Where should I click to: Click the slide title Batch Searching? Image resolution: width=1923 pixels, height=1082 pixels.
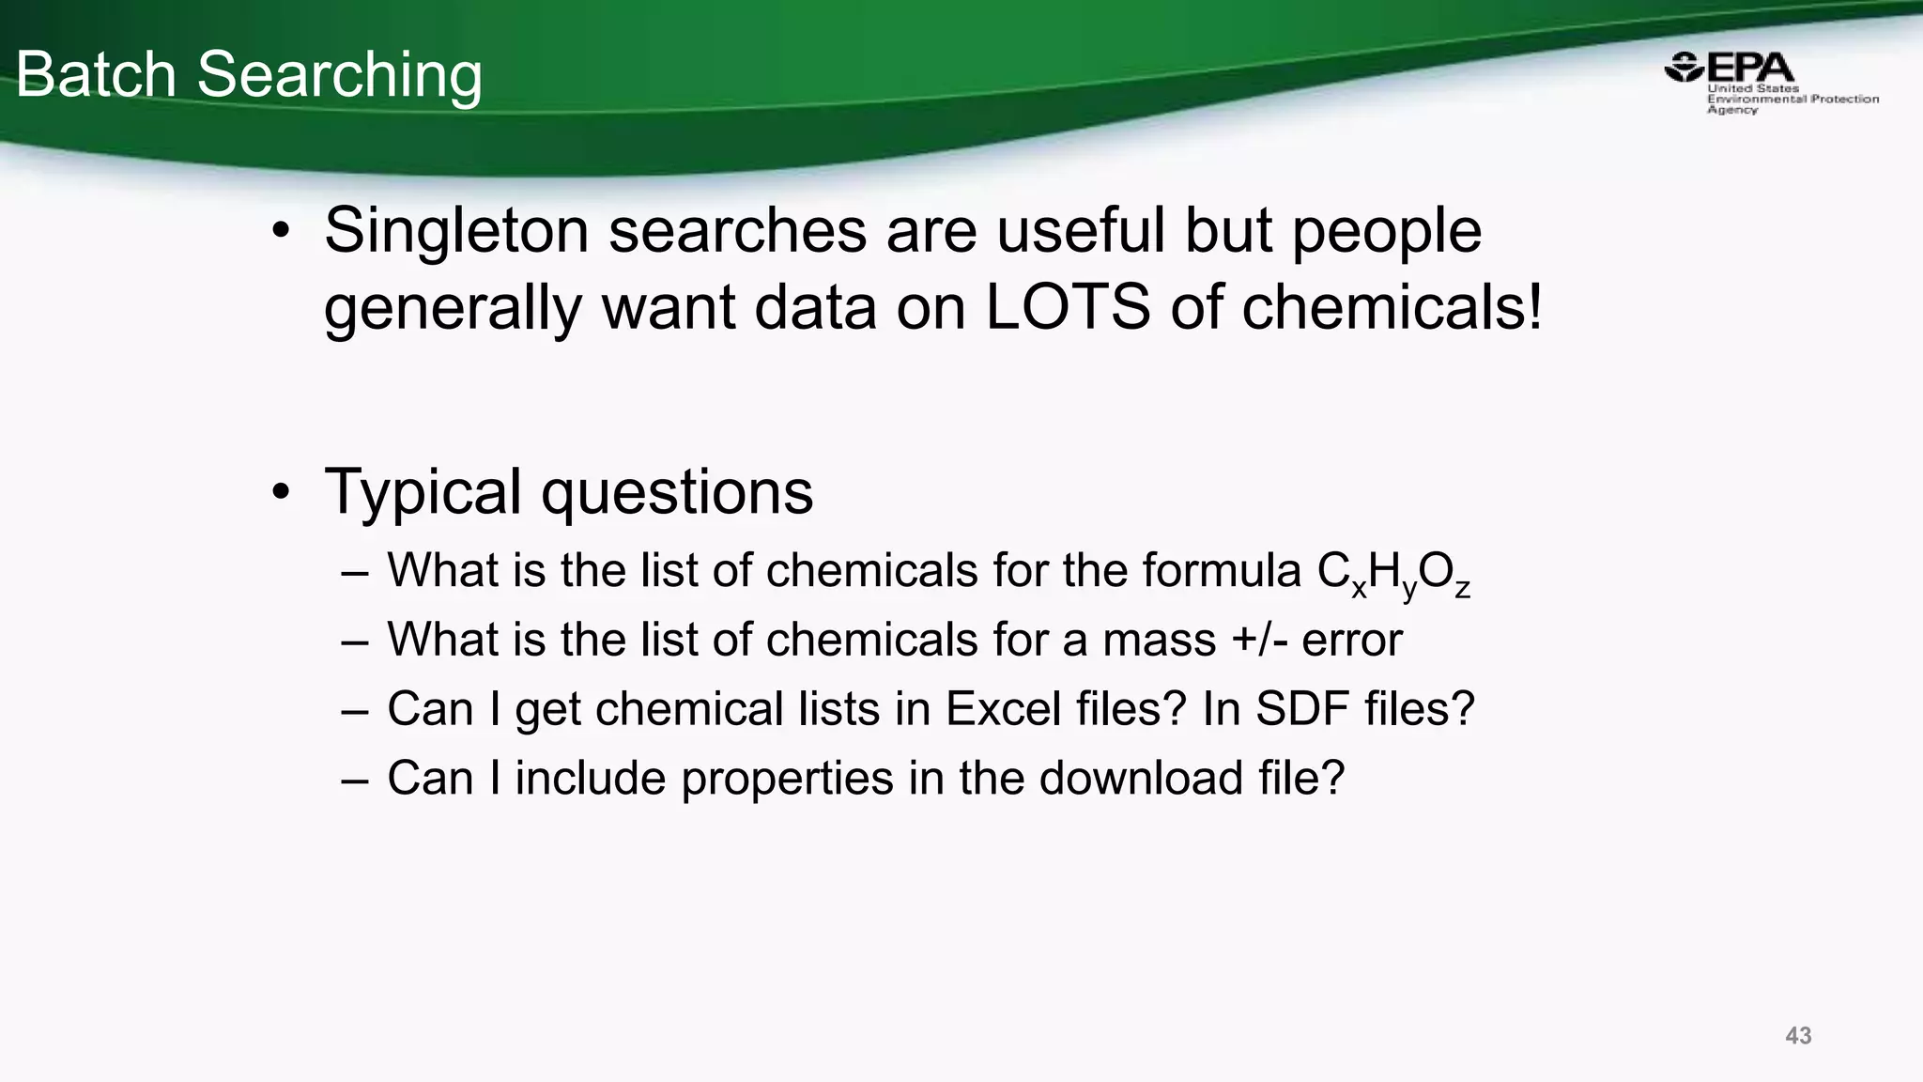[249, 75]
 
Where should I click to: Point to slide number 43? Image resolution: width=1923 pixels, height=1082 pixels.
[1798, 1036]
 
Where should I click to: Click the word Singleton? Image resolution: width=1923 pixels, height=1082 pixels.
[456, 231]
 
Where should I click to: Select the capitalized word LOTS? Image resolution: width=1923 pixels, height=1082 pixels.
[1068, 307]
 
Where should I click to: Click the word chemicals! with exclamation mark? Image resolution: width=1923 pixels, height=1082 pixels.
[1392, 307]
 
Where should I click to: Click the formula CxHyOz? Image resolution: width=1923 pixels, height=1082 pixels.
[1393, 573]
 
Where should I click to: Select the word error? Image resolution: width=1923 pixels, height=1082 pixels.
[1352, 641]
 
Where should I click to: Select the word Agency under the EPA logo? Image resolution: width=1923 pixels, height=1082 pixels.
[1731, 110]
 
